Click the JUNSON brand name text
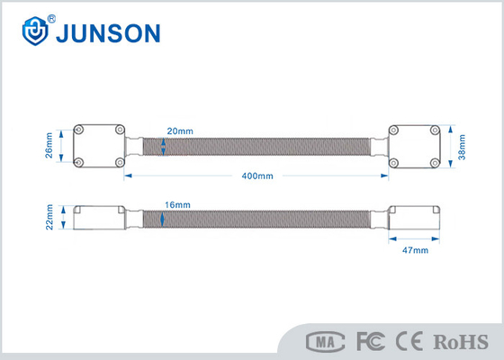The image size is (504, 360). (108, 33)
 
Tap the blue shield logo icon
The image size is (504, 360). (35, 31)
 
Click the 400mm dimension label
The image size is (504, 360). (257, 175)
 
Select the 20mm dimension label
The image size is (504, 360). (180, 131)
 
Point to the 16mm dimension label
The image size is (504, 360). (177, 205)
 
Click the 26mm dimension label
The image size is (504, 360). (49, 145)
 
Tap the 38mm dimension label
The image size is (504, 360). (462, 147)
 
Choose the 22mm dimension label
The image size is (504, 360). (49, 217)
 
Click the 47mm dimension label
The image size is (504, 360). (415, 250)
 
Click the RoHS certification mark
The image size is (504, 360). (461, 342)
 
